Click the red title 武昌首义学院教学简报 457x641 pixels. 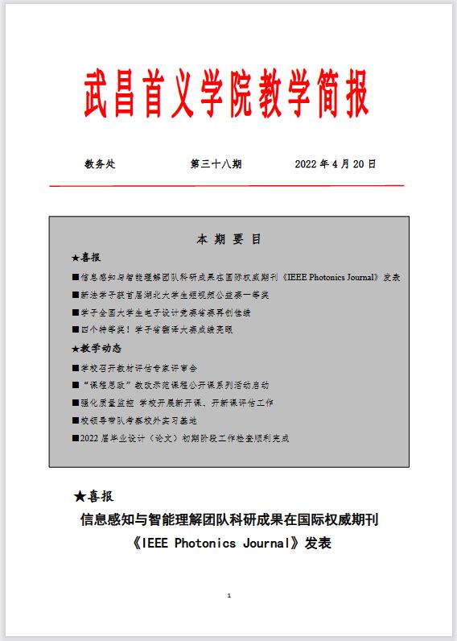point(227,95)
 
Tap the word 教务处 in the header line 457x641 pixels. point(100,164)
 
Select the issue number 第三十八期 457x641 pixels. point(216,164)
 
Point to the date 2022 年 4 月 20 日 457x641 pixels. point(336,164)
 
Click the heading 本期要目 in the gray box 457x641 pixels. point(228,240)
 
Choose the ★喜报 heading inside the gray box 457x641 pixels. point(86,258)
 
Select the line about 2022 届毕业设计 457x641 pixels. point(180,439)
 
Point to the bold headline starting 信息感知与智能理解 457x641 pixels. point(229,520)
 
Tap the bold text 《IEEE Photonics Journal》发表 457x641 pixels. point(229,543)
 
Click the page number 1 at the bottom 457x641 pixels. point(229,596)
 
